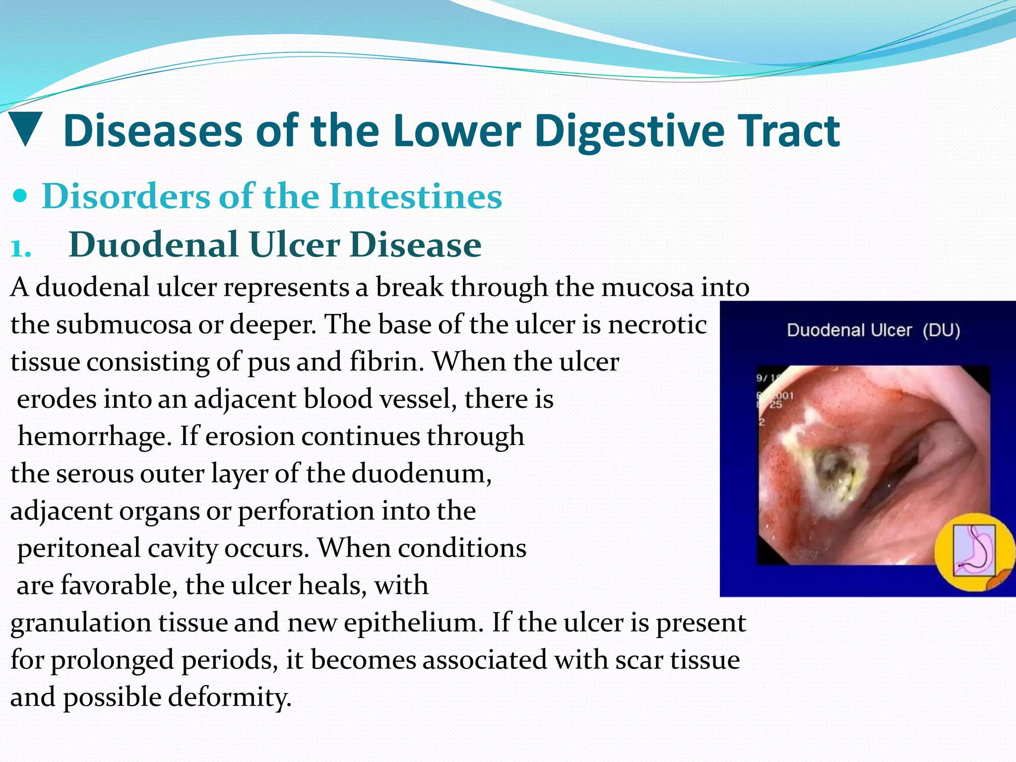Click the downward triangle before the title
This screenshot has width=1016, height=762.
pyautogui.click(x=26, y=130)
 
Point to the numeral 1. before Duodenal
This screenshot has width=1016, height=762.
pyautogui.click(x=21, y=247)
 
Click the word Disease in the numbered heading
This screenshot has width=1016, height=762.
pyautogui.click(x=415, y=245)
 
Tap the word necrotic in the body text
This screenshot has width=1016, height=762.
pyautogui.click(x=657, y=325)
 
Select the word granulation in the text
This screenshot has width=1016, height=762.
pyautogui.click(x=80, y=623)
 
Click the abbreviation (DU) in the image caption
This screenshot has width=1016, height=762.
pyautogui.click(x=941, y=330)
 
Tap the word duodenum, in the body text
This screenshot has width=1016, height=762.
pyautogui.click(x=422, y=474)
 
